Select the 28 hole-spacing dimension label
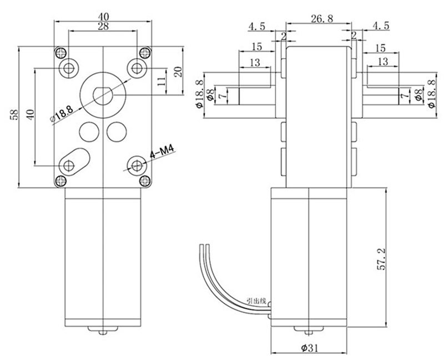(x=103, y=27)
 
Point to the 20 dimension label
(x=178, y=72)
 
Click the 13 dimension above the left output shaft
(x=254, y=63)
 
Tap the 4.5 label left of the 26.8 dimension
(x=257, y=26)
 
